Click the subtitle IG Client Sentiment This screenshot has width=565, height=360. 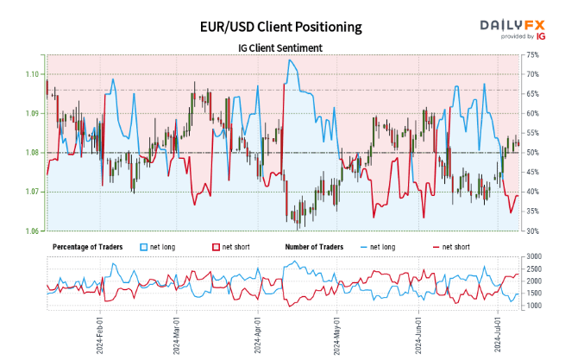pyautogui.click(x=281, y=47)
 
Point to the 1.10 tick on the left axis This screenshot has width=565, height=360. pyautogui.click(x=31, y=74)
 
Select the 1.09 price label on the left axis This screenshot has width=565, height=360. pyautogui.click(x=31, y=113)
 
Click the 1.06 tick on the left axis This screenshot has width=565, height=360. pyautogui.click(x=31, y=231)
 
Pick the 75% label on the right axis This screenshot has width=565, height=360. pyautogui.click(x=531, y=54)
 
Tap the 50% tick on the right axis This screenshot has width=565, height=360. pyautogui.click(x=531, y=153)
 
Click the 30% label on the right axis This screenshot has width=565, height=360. pyautogui.click(x=531, y=231)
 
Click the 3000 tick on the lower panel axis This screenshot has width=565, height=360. pyautogui.click(x=534, y=257)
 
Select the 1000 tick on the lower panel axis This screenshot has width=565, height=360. pyautogui.click(x=534, y=306)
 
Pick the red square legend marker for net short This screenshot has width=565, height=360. pyautogui.click(x=216, y=247)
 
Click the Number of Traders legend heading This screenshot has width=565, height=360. pyautogui.click(x=314, y=247)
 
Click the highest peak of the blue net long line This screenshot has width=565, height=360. pyautogui.click(x=289, y=60)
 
